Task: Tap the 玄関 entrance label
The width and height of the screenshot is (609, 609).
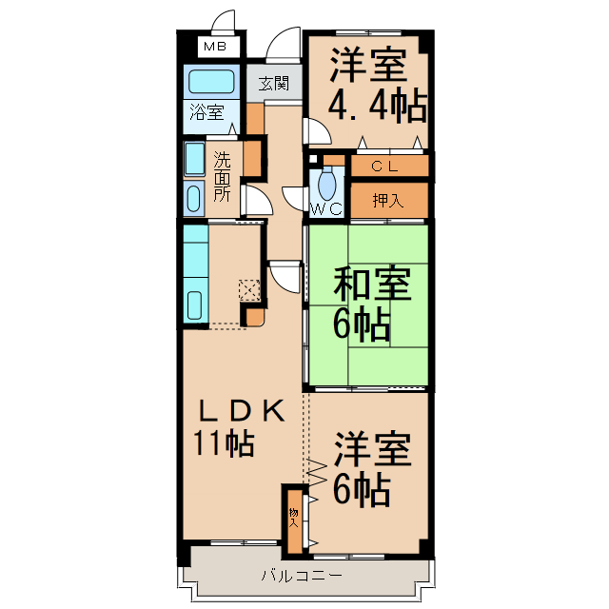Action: click(x=275, y=83)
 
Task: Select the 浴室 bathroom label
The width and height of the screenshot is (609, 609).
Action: click(x=206, y=112)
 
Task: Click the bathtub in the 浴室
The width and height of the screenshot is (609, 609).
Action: click(x=211, y=81)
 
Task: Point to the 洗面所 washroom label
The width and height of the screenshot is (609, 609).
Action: click(x=222, y=176)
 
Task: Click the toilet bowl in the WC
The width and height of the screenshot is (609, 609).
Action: click(x=328, y=182)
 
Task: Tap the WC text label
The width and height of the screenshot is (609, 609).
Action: click(x=325, y=207)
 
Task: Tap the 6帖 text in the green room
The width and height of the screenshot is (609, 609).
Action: click(x=361, y=326)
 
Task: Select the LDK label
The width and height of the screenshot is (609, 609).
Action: click(x=241, y=411)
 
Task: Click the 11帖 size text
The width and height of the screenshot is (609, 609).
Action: click(x=225, y=443)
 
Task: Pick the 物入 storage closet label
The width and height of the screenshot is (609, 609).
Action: click(x=294, y=518)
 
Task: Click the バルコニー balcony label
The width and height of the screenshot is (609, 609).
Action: click(x=301, y=576)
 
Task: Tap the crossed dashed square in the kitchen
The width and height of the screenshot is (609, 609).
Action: click(x=248, y=289)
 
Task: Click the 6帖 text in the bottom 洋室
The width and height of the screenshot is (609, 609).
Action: click(x=361, y=489)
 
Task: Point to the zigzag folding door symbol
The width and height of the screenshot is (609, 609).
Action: click(x=316, y=472)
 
